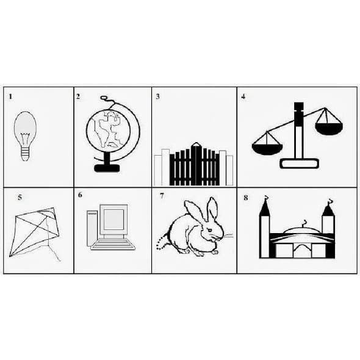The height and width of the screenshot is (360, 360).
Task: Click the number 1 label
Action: pos(10,96)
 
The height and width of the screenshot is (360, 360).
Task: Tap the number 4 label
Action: pos(243,96)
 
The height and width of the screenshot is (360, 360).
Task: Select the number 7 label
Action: pos(162,196)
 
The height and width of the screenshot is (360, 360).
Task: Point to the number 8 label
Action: pos(246,198)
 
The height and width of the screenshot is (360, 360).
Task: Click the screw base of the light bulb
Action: pos(25,153)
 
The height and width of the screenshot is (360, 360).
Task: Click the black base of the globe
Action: pos(107,168)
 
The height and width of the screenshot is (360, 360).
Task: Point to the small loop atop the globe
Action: pos(104,98)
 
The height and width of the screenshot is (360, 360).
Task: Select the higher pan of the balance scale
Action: pos(329,128)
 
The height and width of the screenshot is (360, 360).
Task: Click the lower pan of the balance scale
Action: pos(267,149)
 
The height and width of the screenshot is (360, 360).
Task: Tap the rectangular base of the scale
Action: pos(299,164)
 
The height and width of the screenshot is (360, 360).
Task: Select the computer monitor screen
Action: pos(113,219)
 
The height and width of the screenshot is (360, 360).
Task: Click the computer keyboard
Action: pos(113,245)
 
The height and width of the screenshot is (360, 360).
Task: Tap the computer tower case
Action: pos(92,228)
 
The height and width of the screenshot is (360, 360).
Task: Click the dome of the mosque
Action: pos(301,230)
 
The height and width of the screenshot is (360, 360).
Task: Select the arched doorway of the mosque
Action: pos(303,251)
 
